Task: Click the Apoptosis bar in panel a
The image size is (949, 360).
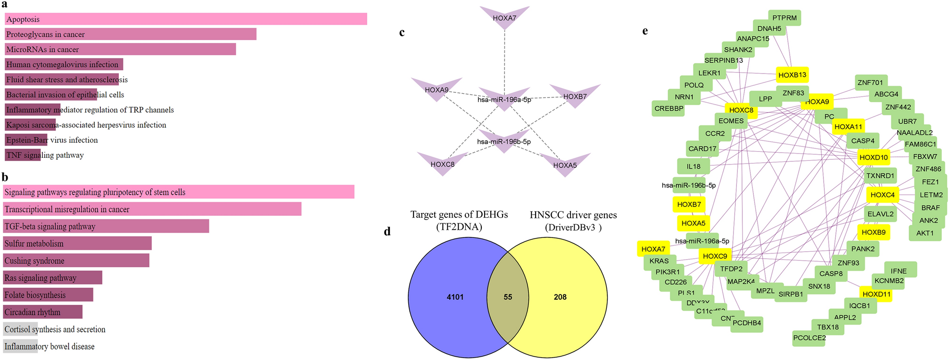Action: click(186, 19)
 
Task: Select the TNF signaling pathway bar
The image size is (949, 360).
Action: click(23, 155)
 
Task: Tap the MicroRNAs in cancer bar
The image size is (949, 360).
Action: click(120, 49)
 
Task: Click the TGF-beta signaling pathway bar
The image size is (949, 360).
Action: click(106, 226)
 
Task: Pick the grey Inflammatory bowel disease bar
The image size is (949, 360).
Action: click(20, 346)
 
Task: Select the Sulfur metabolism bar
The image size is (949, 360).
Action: click(77, 244)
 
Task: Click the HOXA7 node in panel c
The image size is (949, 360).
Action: click(504, 18)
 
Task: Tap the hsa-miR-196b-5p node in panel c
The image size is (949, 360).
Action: click(504, 142)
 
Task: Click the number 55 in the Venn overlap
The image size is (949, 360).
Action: click(508, 297)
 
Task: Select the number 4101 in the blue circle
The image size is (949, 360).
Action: click(455, 297)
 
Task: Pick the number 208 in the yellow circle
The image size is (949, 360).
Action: click(560, 297)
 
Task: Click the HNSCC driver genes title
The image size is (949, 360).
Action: click(573, 215)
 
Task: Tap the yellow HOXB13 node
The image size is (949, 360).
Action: click(792, 75)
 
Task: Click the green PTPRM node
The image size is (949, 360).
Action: click(784, 18)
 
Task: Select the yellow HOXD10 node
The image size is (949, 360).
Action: click(874, 157)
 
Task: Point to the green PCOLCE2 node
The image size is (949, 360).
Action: click(809, 338)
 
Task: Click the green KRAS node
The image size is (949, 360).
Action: click(659, 261)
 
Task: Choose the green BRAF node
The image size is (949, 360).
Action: click(930, 207)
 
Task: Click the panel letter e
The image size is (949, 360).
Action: click(645, 31)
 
